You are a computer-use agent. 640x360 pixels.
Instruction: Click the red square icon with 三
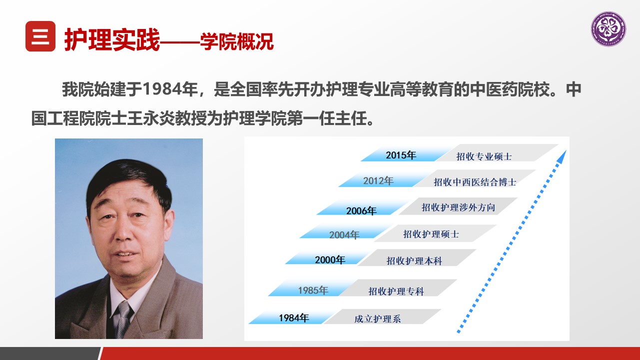pos(40,36)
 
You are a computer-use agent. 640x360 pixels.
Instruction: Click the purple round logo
pos(609,29)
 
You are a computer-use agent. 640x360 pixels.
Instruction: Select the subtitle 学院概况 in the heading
pos(237,41)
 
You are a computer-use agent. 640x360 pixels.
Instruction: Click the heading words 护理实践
pos(112,39)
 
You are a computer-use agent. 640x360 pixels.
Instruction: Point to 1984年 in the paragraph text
pos(170,89)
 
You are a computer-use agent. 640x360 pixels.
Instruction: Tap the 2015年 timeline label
pos(401,155)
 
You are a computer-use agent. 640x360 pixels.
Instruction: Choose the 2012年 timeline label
pos(378,180)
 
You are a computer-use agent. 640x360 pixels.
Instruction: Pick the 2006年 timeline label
pos(361,210)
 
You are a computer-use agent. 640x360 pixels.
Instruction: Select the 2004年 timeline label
pos(344,235)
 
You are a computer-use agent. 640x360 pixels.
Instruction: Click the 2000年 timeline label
pos(330,259)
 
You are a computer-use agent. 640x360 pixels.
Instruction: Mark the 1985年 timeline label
pos(313,290)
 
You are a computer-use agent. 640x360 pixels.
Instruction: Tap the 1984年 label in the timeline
pos(294,317)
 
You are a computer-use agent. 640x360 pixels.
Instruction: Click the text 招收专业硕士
pos(484,156)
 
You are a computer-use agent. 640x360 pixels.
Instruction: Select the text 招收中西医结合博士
pos(475,182)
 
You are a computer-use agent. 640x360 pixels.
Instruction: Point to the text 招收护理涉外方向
pos(458,207)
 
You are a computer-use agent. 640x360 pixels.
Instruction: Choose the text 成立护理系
pos(377,319)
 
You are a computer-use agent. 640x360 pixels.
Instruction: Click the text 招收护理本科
pos(414,261)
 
